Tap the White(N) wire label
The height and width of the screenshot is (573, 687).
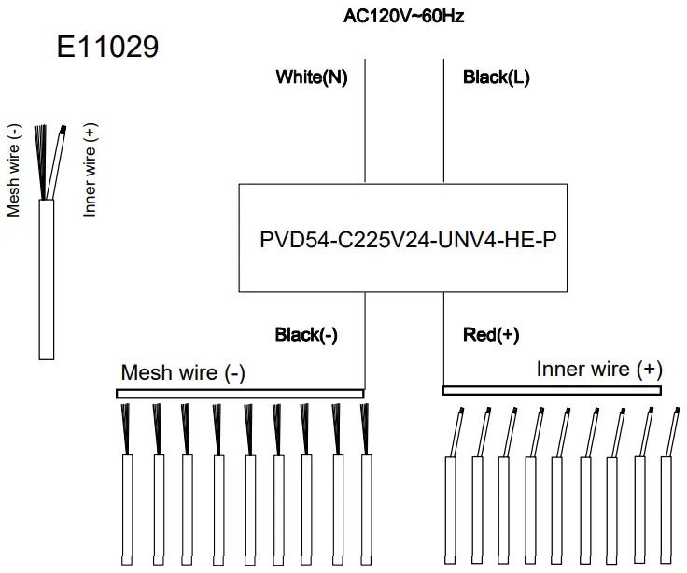(312, 77)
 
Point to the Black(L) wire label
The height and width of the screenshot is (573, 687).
(497, 77)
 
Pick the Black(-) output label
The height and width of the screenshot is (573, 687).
(306, 335)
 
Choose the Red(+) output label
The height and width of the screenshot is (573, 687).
(491, 335)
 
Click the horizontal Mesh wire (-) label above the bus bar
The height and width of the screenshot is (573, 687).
(183, 373)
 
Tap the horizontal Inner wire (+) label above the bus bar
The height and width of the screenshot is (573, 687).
(599, 370)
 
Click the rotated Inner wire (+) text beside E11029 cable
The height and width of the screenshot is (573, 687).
(91, 169)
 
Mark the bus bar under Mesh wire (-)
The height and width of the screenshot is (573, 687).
(239, 394)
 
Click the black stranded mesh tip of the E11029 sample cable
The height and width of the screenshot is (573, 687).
(41, 159)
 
